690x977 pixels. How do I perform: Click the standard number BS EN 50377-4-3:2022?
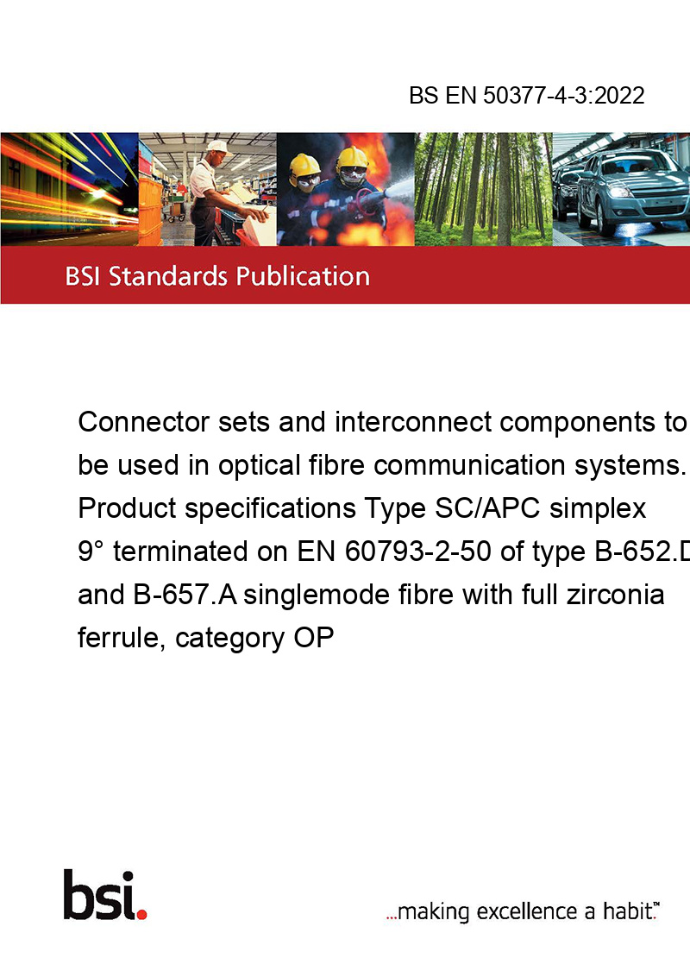coord(527,95)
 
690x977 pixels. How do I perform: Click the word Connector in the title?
coord(143,422)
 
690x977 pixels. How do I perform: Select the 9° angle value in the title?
coord(91,552)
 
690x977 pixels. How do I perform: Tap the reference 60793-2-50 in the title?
coord(417,552)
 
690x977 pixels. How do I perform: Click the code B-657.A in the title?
coord(185,595)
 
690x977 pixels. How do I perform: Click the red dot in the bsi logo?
coord(141,914)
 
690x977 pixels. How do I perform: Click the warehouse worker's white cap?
coord(218,147)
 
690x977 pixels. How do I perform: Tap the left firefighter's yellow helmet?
coord(304,166)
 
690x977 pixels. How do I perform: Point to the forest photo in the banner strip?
coord(483,189)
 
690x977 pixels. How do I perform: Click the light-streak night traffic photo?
coord(70,189)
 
